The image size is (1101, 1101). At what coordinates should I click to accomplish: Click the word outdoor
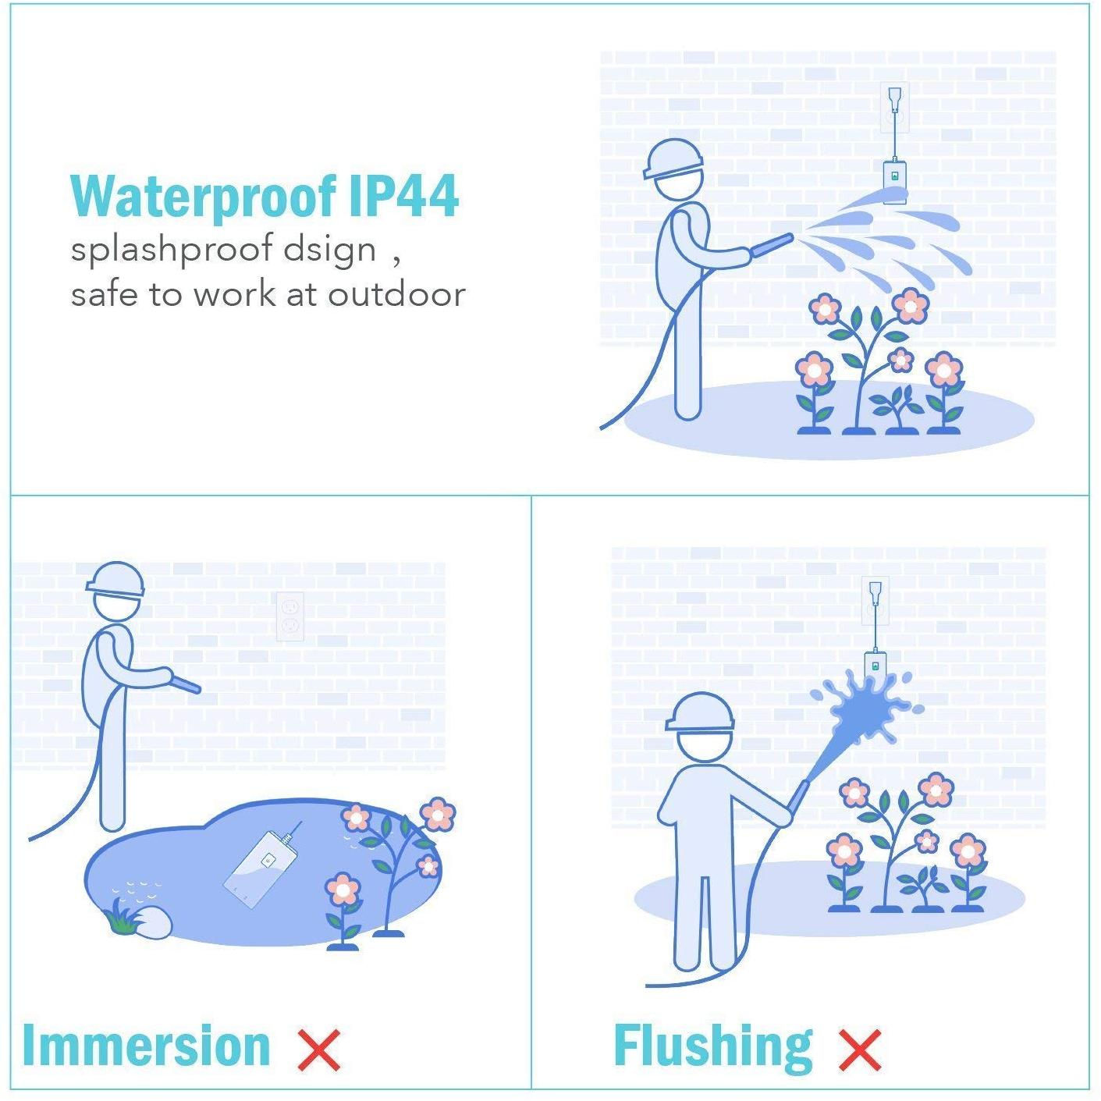(396, 294)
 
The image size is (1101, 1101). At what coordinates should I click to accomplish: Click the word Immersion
(146, 1045)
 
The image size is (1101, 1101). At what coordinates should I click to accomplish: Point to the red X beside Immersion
(319, 1050)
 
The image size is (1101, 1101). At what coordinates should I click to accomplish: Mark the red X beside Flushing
(860, 1050)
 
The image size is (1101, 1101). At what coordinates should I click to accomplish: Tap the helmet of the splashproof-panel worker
(673, 159)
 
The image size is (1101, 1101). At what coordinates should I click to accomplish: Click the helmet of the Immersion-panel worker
(115, 580)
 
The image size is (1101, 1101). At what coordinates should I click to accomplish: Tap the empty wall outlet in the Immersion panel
(290, 616)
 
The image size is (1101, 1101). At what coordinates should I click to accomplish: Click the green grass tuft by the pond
(120, 916)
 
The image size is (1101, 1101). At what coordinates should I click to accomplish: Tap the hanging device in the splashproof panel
(896, 181)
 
